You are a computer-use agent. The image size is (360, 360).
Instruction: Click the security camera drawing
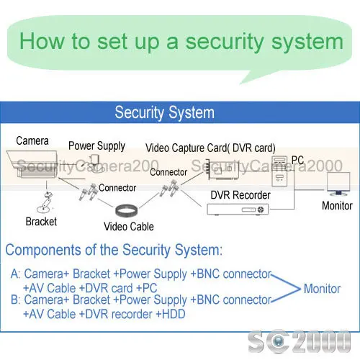coord(32,164)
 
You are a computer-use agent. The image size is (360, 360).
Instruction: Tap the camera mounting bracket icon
coord(45,203)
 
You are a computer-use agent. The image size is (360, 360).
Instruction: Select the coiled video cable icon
coord(127,210)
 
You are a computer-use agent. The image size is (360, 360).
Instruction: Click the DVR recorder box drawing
coord(238,210)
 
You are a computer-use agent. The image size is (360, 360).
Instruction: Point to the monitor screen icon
coord(338,184)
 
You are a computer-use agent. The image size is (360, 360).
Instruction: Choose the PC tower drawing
coord(279,171)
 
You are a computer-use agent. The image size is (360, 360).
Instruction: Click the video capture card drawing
coord(223,170)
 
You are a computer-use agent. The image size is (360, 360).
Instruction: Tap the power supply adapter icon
coord(95,163)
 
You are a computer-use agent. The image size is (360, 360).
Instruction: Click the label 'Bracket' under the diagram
coord(41,222)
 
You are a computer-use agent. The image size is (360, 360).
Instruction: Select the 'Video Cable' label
coord(129,227)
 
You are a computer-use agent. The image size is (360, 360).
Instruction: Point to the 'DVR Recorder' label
coord(240,195)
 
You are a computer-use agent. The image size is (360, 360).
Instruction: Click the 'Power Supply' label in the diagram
coord(96,146)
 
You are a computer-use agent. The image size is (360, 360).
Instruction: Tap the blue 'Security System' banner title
coord(165,112)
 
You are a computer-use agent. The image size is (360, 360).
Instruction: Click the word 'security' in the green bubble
coord(225,42)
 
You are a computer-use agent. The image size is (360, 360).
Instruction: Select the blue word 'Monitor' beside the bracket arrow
coord(322,289)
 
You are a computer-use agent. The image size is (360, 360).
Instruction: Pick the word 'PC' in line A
coord(150,288)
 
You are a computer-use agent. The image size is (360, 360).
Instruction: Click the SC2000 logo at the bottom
coord(300,341)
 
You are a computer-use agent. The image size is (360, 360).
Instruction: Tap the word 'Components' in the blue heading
coord(43,251)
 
